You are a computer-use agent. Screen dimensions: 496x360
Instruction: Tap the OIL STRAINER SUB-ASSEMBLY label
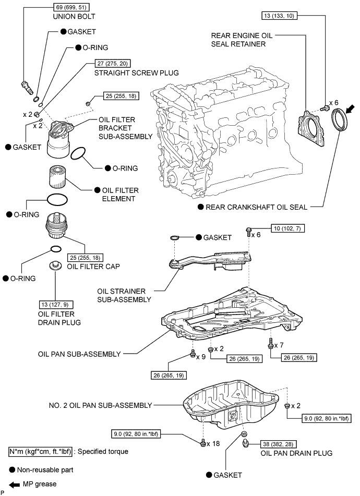124,295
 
